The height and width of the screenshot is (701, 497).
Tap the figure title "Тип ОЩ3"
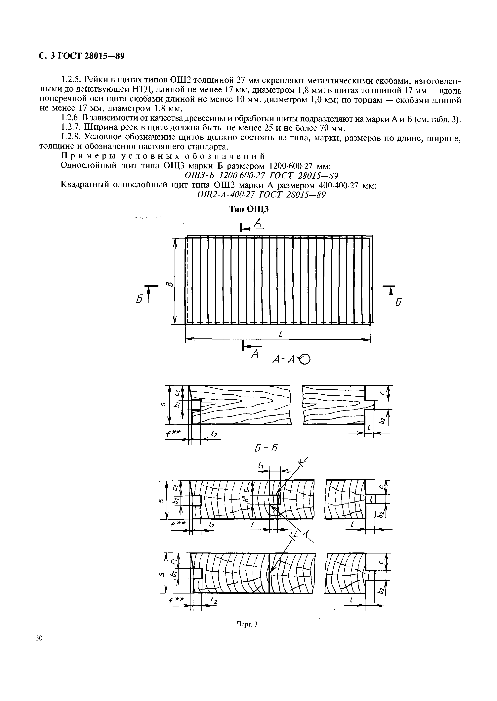pos(249,209)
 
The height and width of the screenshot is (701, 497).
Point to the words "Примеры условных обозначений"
pos(163,156)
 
